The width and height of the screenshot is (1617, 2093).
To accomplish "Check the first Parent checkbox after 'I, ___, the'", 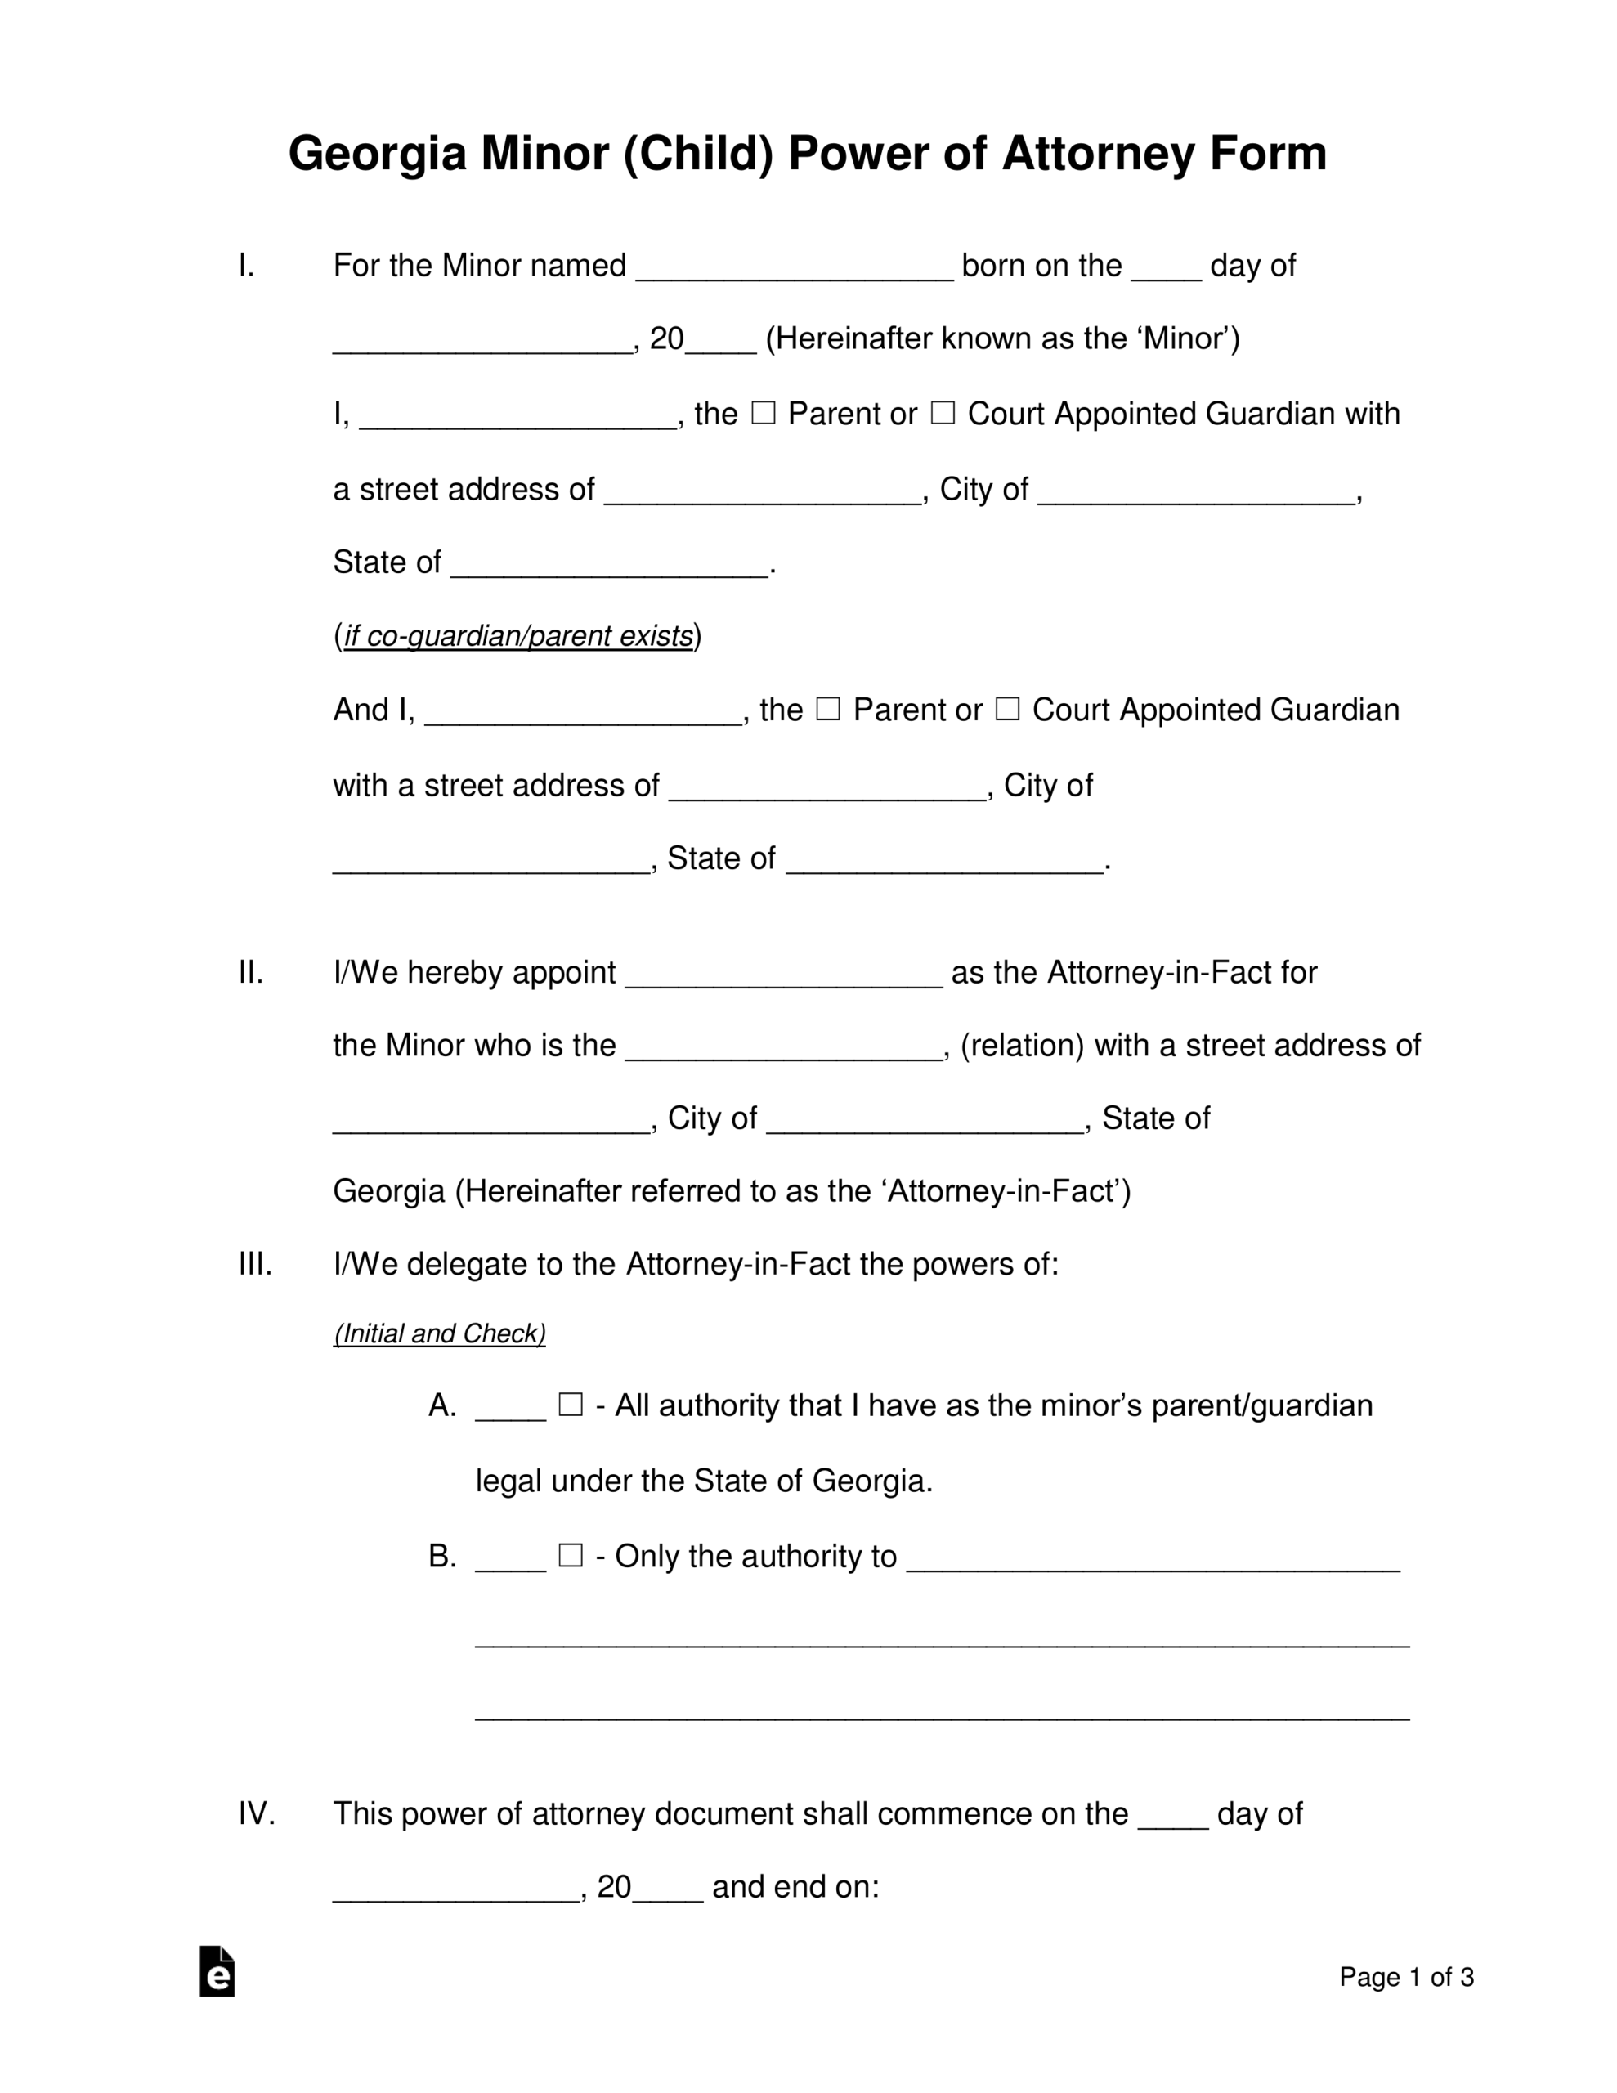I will click(x=763, y=413).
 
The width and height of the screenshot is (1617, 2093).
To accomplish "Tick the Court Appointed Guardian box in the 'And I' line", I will click(x=1006, y=709).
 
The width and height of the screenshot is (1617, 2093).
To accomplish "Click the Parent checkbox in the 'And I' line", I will click(x=827, y=709).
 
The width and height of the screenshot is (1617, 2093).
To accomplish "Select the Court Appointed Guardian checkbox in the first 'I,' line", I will click(x=943, y=413).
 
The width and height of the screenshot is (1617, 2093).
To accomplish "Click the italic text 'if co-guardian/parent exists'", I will click(x=517, y=636).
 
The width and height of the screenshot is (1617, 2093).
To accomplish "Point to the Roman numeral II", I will click(x=250, y=973).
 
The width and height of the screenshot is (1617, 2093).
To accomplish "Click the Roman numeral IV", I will click(x=256, y=1814).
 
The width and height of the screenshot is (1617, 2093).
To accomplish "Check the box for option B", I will click(x=571, y=1555).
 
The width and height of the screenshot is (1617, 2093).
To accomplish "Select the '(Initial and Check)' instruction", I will click(x=439, y=1334).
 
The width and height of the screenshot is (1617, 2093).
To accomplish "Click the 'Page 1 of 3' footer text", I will click(x=1406, y=1977).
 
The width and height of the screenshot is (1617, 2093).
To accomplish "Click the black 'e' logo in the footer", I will click(x=217, y=1972).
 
